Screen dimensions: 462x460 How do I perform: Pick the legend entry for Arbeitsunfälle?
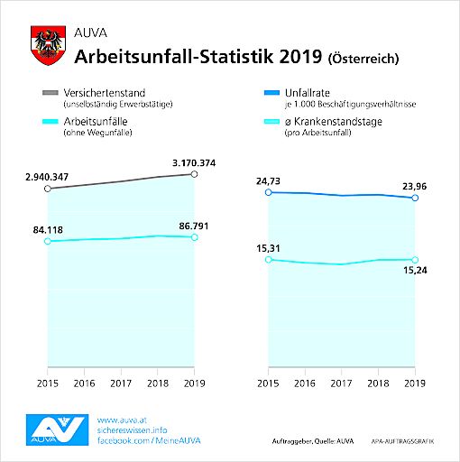click(99, 122)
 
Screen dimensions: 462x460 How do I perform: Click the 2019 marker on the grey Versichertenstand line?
click(194, 173)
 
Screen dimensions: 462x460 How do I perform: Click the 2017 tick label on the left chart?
click(120, 383)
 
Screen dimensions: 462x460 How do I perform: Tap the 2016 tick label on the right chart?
click(304, 383)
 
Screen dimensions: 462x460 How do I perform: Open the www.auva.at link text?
click(120, 419)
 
